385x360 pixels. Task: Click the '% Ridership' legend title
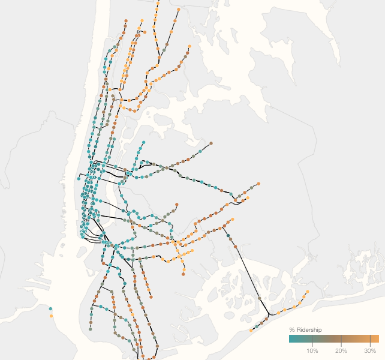(306, 330)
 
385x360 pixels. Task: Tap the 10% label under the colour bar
(312, 350)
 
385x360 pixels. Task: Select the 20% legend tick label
(341, 350)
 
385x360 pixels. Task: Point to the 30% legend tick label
(370, 350)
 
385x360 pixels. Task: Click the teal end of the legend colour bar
(291, 338)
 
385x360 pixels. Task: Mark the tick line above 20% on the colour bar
(341, 338)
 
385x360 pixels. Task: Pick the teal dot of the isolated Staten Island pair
(51, 309)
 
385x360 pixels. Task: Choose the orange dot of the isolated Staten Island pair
(51, 316)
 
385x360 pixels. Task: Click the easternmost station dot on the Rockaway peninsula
(307, 292)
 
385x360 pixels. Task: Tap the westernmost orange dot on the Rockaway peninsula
(251, 330)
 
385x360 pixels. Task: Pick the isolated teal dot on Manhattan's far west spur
(79, 178)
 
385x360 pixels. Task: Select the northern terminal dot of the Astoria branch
(143, 143)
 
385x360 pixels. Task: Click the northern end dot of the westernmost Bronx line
(126, 21)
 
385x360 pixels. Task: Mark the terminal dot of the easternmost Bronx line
(190, 46)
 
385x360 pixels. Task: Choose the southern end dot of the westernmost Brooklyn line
(91, 329)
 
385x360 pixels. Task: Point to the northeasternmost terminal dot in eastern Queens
(258, 184)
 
